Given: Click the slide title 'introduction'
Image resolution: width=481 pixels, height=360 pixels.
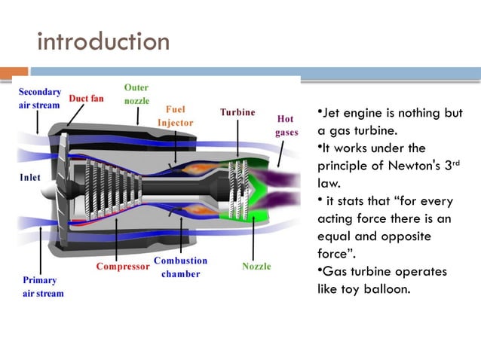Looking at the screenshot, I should tap(103, 41).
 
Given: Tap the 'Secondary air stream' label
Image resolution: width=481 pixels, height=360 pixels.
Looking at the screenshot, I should tap(38, 98).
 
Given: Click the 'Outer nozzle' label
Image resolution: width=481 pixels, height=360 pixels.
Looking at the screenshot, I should tap(136, 94).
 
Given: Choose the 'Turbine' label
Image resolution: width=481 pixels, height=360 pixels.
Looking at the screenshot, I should tap(237, 112).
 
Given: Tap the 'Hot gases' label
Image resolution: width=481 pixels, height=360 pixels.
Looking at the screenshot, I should tap(286, 125).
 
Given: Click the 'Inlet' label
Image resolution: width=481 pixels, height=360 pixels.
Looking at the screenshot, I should tap(30, 178).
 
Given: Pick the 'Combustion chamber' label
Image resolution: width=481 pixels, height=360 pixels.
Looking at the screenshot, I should tap(180, 267).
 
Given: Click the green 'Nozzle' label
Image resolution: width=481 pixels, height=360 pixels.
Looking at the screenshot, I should tap(256, 266).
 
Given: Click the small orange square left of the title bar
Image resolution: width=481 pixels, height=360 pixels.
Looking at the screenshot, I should tap(20, 73).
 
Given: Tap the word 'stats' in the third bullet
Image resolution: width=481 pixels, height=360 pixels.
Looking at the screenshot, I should tap(345, 200).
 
